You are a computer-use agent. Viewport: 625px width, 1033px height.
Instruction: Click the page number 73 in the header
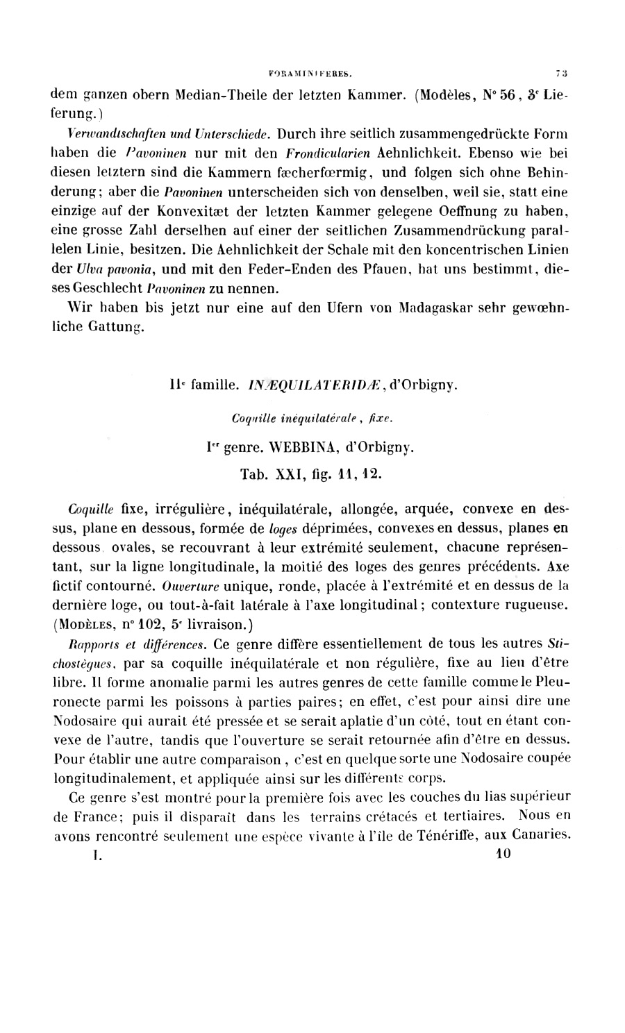pos(562,71)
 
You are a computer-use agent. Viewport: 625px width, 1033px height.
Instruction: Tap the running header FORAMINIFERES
pos(311,71)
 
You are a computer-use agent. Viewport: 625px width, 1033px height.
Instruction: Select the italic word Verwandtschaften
pos(97,133)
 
